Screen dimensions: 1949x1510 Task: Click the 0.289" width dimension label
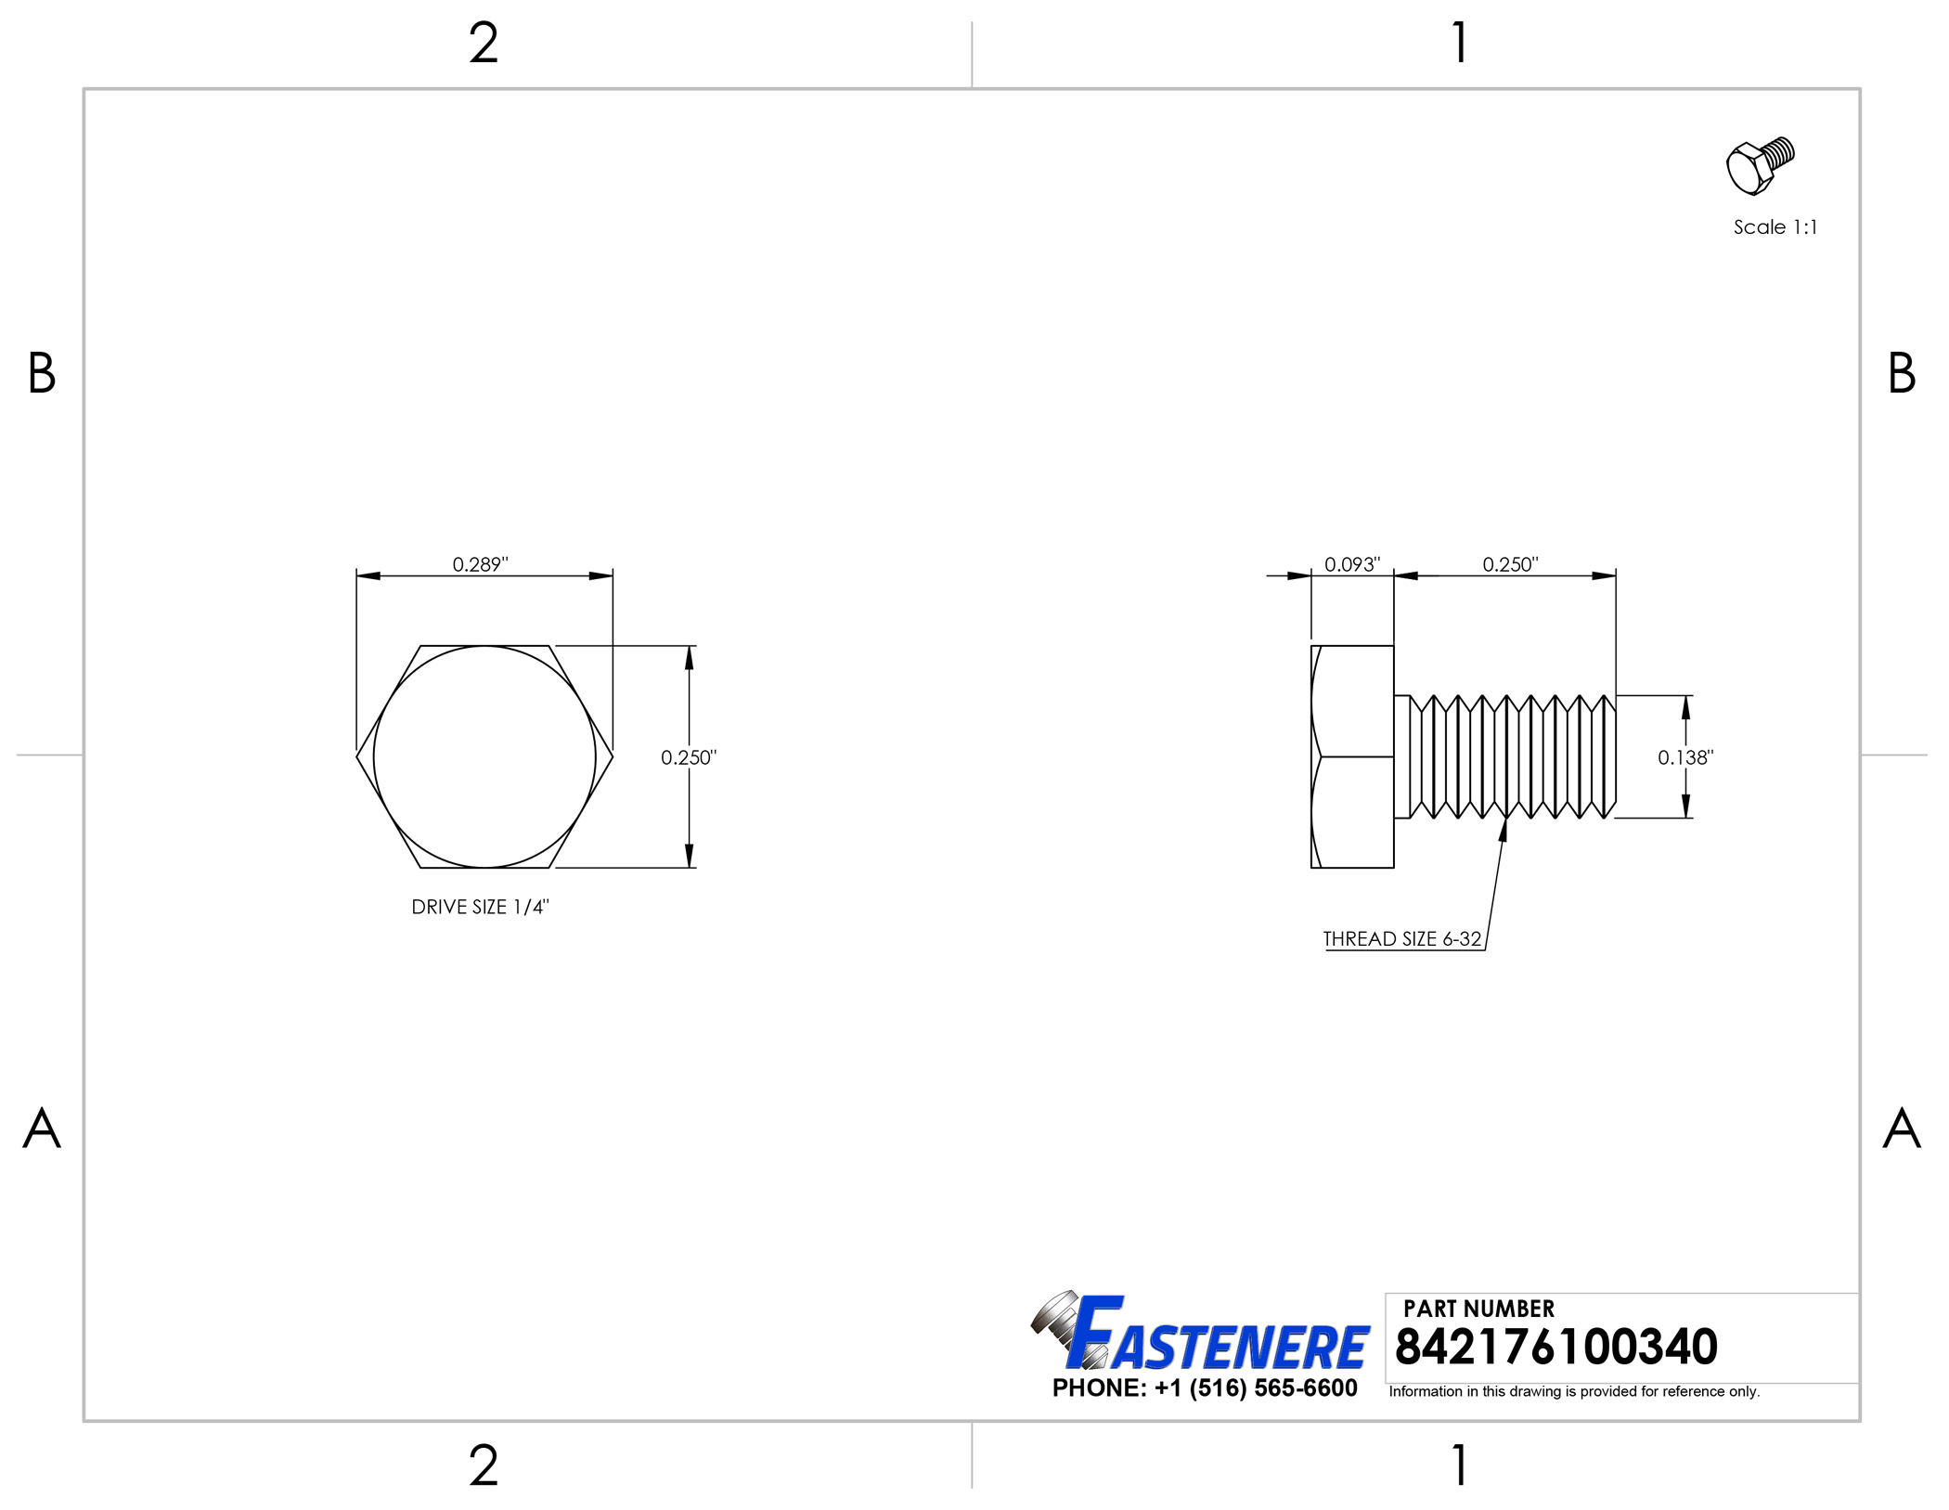tap(480, 564)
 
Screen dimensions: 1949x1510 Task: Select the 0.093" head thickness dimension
tap(1352, 564)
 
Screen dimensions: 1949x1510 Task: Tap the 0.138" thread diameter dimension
tap(1685, 757)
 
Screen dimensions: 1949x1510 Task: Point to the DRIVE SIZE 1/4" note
tap(480, 907)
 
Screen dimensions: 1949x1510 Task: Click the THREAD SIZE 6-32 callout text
tap(1402, 938)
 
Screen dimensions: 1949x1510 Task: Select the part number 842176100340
tap(1555, 1347)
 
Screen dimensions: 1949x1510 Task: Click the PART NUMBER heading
tap(1478, 1309)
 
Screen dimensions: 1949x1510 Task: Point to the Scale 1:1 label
tap(1775, 227)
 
